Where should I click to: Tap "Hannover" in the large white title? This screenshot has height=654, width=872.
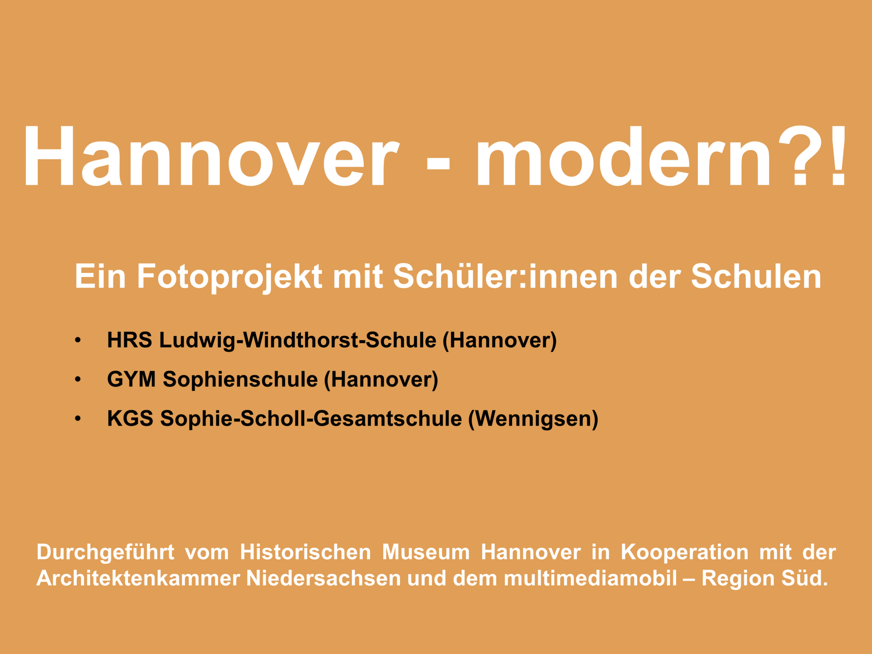tap(211, 156)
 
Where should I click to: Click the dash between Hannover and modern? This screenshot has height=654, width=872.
tap(438, 163)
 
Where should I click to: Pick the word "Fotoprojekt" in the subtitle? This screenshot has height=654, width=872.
tap(229, 277)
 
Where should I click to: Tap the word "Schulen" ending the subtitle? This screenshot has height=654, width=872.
tap(756, 276)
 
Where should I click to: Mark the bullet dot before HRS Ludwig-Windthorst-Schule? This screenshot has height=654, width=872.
tap(78, 340)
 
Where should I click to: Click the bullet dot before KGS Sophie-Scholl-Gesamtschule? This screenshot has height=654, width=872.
tap(78, 419)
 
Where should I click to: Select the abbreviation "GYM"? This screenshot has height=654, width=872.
tap(132, 379)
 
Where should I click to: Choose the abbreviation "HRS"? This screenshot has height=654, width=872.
tap(130, 340)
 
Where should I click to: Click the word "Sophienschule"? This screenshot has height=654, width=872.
tap(240, 380)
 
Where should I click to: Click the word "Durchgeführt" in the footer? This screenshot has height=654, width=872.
tap(106, 553)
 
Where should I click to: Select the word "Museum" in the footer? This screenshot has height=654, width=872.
tap(426, 552)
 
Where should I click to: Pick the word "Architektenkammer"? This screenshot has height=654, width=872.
tap(138, 579)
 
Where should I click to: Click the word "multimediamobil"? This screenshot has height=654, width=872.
tap(591, 579)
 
